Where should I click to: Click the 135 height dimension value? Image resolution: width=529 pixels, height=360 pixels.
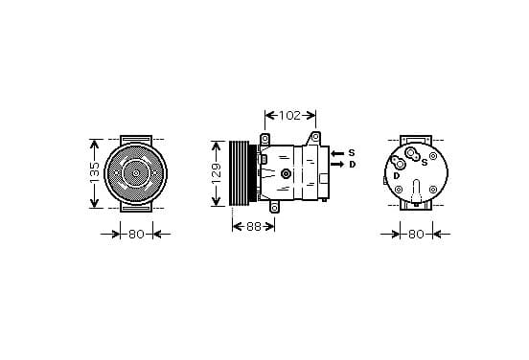(95, 173)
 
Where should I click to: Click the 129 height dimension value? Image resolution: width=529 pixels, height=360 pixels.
(217, 173)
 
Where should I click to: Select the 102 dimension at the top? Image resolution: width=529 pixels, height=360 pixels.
(289, 116)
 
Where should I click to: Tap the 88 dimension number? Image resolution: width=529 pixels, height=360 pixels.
(254, 227)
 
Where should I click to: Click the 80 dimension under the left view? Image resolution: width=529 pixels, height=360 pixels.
(136, 234)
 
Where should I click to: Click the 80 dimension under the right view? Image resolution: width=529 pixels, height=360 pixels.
(416, 234)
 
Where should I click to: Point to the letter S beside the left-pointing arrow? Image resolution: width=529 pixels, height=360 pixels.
(352, 153)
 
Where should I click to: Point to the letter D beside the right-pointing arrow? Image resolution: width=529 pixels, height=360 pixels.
(353, 165)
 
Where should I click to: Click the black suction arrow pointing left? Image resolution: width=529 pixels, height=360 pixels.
(337, 153)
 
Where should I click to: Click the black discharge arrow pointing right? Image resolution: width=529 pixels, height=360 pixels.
(337, 164)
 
